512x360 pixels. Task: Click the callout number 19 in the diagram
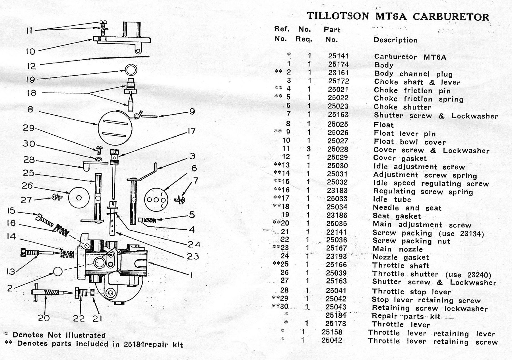[x=30, y=79]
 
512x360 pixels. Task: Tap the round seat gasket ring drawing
[x=131, y=69]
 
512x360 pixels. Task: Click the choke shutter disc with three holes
[x=156, y=199]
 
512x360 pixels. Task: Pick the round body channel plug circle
[x=57, y=272]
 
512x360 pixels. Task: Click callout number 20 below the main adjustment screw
[x=44, y=318]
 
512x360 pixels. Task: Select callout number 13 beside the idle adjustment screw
[x=11, y=272]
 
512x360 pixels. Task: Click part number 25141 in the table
[x=338, y=56]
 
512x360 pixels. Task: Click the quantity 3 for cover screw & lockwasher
[x=309, y=149]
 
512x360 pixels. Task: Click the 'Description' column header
[x=395, y=40]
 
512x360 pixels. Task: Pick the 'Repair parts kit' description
[x=406, y=316]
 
